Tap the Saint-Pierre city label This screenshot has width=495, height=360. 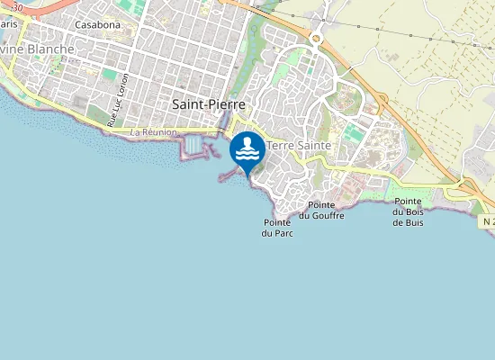click(x=208, y=104)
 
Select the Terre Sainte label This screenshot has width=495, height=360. click(x=300, y=145)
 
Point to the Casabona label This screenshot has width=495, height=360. click(x=97, y=24)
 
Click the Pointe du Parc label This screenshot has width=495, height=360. click(x=278, y=228)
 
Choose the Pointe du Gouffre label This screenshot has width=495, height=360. click(x=321, y=211)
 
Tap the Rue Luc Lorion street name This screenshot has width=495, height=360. click(x=118, y=100)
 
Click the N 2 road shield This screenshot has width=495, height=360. click(x=487, y=221)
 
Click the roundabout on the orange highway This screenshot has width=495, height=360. click(x=316, y=39)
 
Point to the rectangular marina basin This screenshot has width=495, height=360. click(x=193, y=145)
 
